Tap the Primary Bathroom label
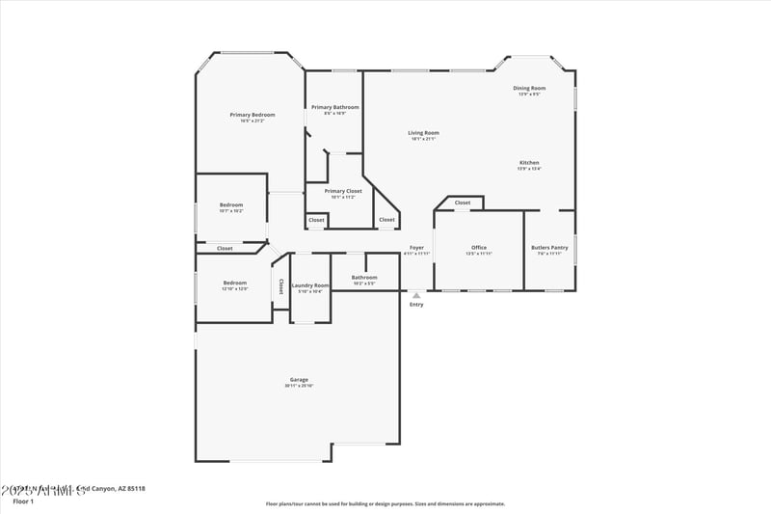(x=334, y=107)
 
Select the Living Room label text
(x=423, y=133)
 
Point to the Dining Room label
(x=529, y=88)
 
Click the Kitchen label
(x=529, y=163)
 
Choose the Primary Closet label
(x=343, y=191)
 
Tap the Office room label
(x=479, y=248)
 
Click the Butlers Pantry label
(x=549, y=248)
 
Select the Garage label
(x=299, y=380)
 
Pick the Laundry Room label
(x=310, y=285)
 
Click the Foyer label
(x=416, y=248)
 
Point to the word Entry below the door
(x=416, y=305)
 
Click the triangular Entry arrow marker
(x=416, y=295)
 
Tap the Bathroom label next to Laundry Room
(x=364, y=278)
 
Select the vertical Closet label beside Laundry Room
(x=280, y=286)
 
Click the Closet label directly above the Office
(x=463, y=203)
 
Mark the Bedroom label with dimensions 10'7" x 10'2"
(x=231, y=204)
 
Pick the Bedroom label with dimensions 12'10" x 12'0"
(x=235, y=283)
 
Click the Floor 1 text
(x=23, y=501)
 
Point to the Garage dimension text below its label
(x=299, y=387)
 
